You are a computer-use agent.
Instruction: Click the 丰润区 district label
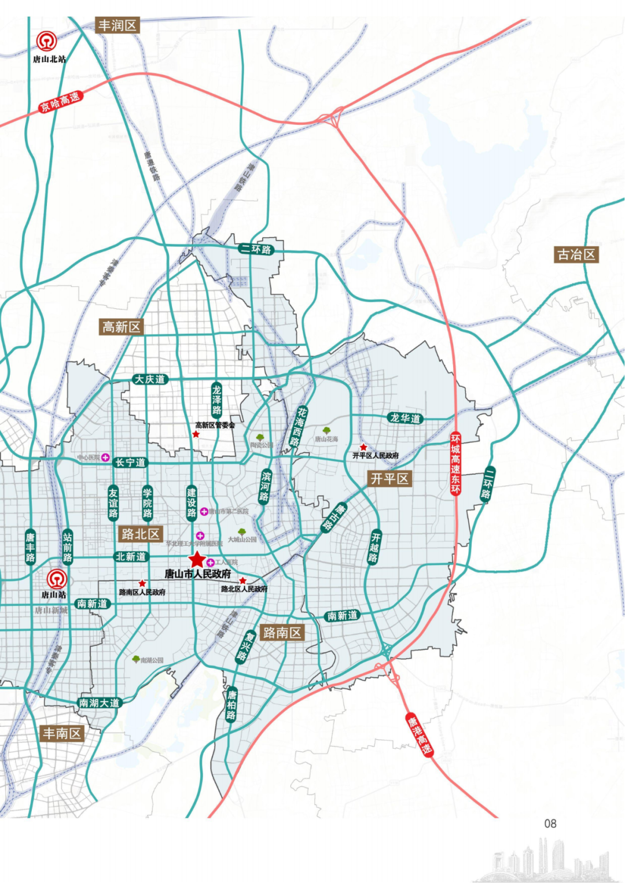click(x=117, y=25)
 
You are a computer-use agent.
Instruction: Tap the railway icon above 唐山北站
click(x=46, y=41)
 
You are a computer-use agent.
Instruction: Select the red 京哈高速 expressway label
click(x=60, y=102)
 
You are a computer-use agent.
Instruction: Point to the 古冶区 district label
click(x=576, y=254)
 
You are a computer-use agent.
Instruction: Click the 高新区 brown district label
click(x=122, y=327)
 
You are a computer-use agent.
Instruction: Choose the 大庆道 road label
click(x=150, y=379)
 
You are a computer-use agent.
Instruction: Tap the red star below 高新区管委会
click(x=196, y=434)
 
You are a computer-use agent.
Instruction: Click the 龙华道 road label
click(x=405, y=418)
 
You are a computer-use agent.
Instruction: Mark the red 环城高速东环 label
click(x=456, y=463)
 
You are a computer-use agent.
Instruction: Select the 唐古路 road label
click(x=334, y=517)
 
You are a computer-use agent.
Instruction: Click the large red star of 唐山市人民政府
click(x=197, y=560)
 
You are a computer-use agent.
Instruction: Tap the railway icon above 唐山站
click(x=57, y=579)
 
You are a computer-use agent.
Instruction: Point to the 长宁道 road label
click(x=130, y=462)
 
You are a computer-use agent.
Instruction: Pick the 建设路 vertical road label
click(x=192, y=503)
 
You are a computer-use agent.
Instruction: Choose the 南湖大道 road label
click(x=100, y=703)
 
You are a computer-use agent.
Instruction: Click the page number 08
click(x=550, y=823)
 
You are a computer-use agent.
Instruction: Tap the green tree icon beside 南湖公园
click(x=136, y=659)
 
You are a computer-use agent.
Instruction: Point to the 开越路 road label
click(x=375, y=546)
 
